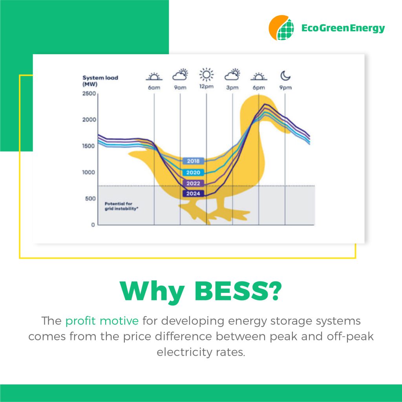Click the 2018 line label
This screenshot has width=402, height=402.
tap(193, 161)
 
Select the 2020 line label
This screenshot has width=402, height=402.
tap(193, 173)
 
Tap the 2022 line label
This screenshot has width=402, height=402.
tap(193, 183)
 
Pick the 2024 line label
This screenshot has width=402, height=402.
tap(193, 194)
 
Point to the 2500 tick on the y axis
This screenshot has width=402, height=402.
tap(89, 93)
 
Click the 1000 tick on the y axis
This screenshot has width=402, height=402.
tap(89, 172)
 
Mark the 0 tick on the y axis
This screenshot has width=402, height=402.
tap(93, 225)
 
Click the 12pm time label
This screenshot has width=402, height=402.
tap(206, 86)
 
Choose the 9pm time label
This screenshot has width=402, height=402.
tap(285, 88)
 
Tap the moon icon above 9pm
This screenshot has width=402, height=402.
tap(285, 76)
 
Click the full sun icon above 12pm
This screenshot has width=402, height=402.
tap(206, 75)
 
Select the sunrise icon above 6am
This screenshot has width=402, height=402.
tap(154, 77)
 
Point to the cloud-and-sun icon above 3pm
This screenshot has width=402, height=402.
tap(232, 75)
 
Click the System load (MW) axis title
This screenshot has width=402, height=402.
tap(100, 81)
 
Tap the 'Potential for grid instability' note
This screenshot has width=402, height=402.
tap(121, 206)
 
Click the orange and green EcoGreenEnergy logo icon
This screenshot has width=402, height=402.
tap(281, 28)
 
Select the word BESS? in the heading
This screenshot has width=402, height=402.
tap(238, 292)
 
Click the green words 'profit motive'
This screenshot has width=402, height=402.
tap(102, 321)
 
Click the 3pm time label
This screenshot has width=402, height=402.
tap(232, 88)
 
